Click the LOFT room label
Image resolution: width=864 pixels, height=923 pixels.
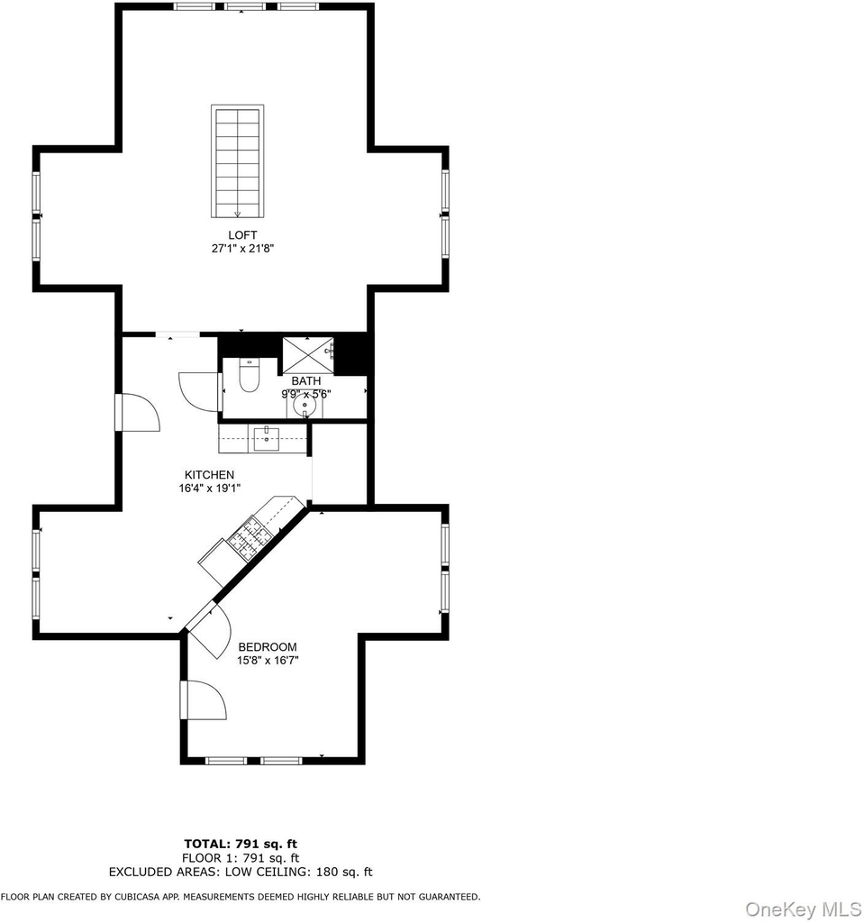click(x=242, y=235)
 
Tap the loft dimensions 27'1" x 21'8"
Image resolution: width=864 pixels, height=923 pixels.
click(x=242, y=249)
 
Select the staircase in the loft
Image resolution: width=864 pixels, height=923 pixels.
click(x=237, y=161)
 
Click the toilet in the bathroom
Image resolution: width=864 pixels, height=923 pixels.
click(x=250, y=375)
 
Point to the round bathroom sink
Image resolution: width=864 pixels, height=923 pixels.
click(x=305, y=405)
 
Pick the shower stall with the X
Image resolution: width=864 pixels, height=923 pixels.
click(x=308, y=355)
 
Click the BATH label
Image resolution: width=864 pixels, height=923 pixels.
click(x=306, y=381)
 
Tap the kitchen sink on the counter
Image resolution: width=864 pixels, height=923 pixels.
click(x=267, y=439)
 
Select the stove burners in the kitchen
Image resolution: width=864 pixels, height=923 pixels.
click(x=250, y=536)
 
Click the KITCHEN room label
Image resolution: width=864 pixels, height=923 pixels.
click(x=210, y=474)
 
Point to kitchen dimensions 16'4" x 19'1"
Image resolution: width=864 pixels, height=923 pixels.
click(x=210, y=488)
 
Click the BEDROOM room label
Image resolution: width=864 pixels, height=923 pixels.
click(x=268, y=647)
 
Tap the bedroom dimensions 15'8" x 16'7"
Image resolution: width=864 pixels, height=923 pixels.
click(x=268, y=661)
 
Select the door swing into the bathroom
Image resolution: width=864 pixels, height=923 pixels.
click(x=201, y=390)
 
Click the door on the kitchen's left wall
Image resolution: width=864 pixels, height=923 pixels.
click(x=138, y=412)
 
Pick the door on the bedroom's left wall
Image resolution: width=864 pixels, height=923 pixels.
click(x=204, y=699)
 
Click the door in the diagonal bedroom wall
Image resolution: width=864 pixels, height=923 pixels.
click(x=209, y=630)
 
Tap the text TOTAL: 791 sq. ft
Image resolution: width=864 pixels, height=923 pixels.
click(x=241, y=844)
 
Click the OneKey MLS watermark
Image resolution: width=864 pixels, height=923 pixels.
click(x=803, y=909)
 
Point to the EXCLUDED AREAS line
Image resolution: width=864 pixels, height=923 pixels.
click(x=241, y=873)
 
